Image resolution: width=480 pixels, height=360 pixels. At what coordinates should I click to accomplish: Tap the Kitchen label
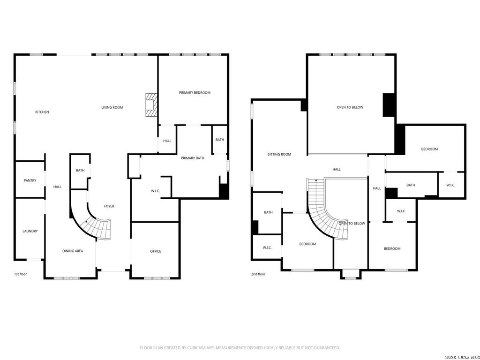click(x=42, y=112)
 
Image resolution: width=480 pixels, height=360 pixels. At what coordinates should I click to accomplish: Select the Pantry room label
click(x=30, y=180)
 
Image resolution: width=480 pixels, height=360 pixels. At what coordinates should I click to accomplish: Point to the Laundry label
click(x=30, y=231)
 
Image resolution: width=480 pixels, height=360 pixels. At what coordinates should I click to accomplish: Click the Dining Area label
click(x=73, y=251)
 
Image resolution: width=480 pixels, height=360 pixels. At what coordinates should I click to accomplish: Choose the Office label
click(x=156, y=251)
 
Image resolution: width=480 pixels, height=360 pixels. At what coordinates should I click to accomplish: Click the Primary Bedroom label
click(x=195, y=93)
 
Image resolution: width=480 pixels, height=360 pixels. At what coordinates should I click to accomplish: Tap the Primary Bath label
click(x=193, y=158)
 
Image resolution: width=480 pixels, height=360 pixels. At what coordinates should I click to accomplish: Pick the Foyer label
click(x=109, y=206)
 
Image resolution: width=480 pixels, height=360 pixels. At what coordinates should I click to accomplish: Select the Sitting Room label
click(x=279, y=155)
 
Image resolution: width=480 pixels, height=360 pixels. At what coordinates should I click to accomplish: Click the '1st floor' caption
click(x=21, y=274)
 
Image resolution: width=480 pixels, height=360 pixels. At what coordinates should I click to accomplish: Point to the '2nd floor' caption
click(x=258, y=274)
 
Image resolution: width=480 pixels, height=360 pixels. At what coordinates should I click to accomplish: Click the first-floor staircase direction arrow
click(x=86, y=221)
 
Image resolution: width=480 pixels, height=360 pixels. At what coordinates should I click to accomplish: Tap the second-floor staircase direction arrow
click(x=316, y=180)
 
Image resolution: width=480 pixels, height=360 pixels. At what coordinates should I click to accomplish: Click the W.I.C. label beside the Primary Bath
click(x=156, y=191)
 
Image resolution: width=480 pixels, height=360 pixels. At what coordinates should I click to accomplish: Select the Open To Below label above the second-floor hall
click(x=350, y=107)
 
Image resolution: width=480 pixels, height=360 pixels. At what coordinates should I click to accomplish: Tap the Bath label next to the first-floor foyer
click(x=80, y=171)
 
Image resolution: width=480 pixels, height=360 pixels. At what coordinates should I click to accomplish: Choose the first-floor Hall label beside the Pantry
click(x=57, y=187)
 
